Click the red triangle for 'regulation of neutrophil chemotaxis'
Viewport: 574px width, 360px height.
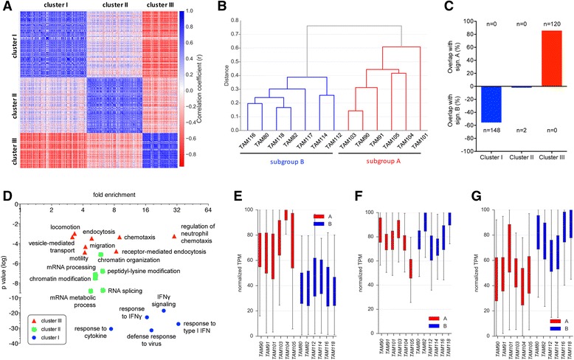(174, 237)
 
